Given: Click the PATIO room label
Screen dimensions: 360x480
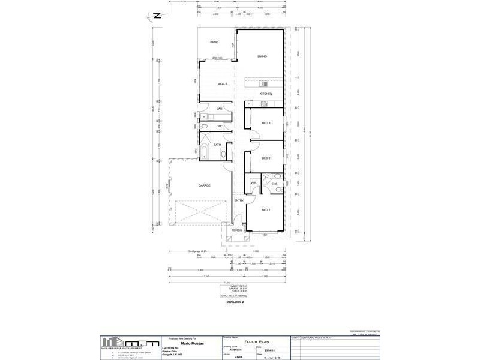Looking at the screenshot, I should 213,43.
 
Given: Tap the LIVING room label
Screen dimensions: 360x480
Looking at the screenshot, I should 262,56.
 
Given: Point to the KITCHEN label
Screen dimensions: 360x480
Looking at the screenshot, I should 266,94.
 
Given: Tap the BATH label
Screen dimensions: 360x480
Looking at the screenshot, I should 217,145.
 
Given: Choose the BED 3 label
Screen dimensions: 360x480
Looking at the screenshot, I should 266,124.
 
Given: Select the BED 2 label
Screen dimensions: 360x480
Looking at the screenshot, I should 266,158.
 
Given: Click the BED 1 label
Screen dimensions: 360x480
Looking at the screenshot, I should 266,210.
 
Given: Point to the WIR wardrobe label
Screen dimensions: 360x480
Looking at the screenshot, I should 253,183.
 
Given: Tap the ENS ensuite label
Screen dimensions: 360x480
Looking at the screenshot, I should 274,184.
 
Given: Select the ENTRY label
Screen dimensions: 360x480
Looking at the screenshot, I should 239,200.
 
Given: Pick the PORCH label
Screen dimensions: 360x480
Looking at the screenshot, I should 236,230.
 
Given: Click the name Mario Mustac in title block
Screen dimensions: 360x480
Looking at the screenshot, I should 190,344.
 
